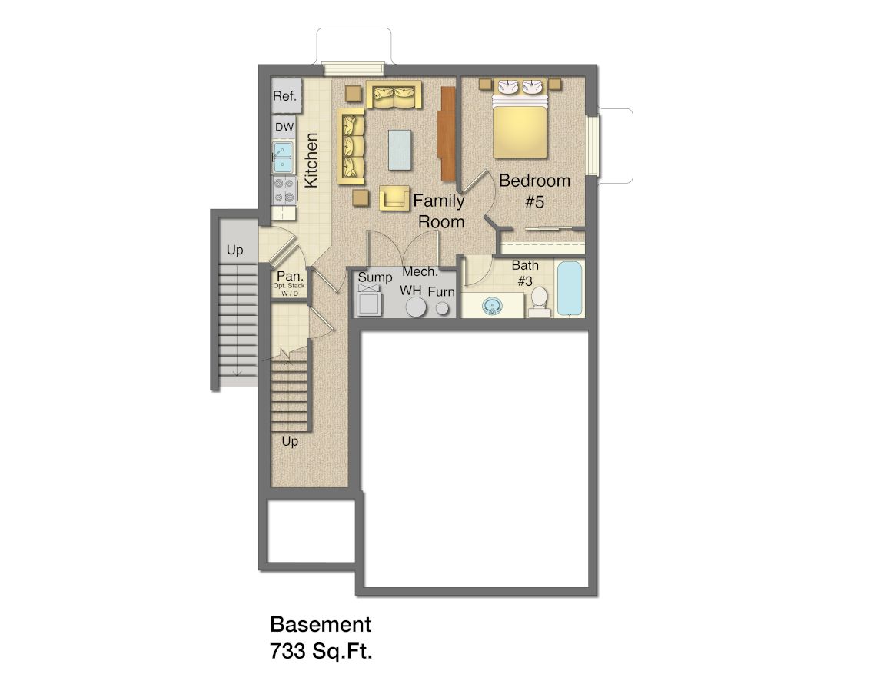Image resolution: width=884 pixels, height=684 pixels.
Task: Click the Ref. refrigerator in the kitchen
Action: pyautogui.click(x=286, y=95)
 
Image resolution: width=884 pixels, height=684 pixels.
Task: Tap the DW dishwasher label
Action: pyautogui.click(x=284, y=127)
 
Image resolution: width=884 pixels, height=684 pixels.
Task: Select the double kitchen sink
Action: pyautogui.click(x=282, y=158)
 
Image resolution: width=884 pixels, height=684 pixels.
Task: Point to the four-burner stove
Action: pyautogui.click(x=284, y=191)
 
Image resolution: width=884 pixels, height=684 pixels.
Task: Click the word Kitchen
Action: pyautogui.click(x=311, y=160)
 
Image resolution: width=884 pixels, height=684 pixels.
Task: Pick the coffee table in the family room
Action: pyautogui.click(x=399, y=150)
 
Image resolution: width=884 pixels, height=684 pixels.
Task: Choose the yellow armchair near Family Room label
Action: pyautogui.click(x=394, y=198)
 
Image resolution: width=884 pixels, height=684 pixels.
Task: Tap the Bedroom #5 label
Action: pyautogui.click(x=534, y=191)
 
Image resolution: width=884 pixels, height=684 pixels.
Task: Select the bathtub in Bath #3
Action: pyautogui.click(x=570, y=288)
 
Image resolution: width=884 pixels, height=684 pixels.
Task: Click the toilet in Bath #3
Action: pyautogui.click(x=540, y=302)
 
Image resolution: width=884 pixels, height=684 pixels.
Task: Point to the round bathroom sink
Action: pyautogui.click(x=492, y=307)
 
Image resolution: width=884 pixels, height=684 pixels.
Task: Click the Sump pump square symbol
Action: pyautogui.click(x=370, y=300)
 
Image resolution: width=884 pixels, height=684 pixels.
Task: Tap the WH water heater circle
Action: pyautogui.click(x=416, y=307)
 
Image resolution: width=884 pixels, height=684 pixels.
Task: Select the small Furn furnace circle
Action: pyautogui.click(x=443, y=308)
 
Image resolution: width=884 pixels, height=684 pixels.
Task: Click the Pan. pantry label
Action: pyautogui.click(x=290, y=277)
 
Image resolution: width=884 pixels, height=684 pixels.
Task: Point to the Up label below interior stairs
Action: pyautogui.click(x=290, y=442)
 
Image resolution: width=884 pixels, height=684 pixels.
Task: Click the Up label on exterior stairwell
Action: pyautogui.click(x=234, y=250)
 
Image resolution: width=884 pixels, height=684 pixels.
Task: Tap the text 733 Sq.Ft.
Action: pyautogui.click(x=321, y=652)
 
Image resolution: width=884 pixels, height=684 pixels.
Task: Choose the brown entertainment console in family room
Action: pyautogui.click(x=448, y=134)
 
